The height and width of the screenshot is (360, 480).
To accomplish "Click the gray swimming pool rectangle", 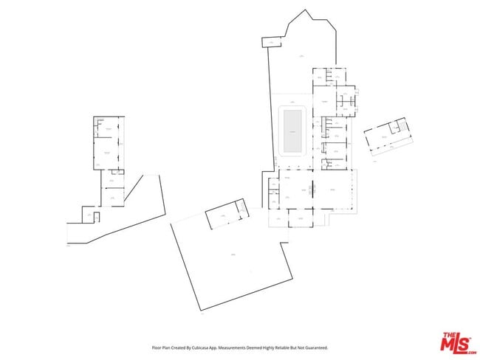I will coord(292,131).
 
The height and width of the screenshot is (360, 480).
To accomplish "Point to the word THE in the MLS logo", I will coord(448,336).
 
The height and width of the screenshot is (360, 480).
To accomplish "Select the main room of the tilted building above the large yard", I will coord(220,218).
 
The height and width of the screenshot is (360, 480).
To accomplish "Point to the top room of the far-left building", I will coord(108,128).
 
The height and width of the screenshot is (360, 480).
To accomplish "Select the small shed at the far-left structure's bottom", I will coord(88,215).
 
